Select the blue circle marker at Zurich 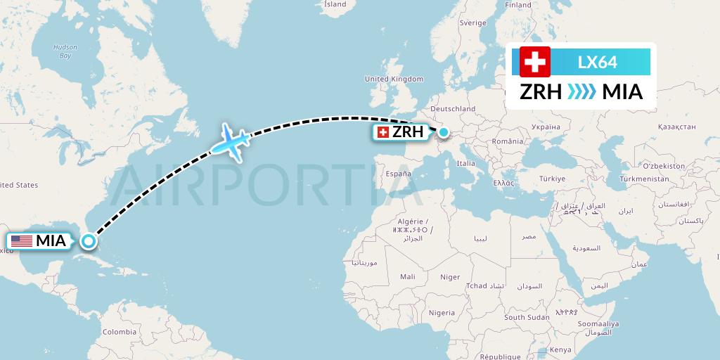pos(444,131)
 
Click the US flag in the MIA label pos(22,241)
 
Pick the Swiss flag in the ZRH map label pos(383,132)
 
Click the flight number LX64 pos(597,62)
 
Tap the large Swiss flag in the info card pos(535,62)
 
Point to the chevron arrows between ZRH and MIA pos(581,91)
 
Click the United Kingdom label pos(394,79)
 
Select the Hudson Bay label pos(65,51)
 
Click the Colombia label pos(119,331)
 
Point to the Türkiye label pos(552,179)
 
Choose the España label pos(397,172)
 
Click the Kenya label pos(560,349)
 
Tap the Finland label pos(518,5)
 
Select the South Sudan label pos(527,317)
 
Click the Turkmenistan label pos(644,179)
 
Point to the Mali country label pos(408,276)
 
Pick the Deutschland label pos(453,109)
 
